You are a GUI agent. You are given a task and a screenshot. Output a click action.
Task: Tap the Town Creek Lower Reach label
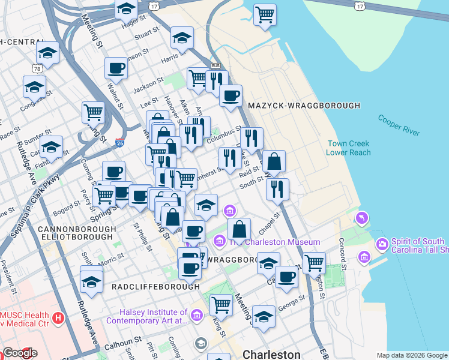coord(348,148)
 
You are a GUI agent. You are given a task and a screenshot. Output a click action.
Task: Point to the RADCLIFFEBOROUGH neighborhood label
coord(155,287)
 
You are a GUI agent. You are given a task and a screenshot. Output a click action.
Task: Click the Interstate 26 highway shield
coord(120,143)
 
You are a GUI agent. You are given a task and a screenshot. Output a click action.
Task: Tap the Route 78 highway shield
coord(38,53)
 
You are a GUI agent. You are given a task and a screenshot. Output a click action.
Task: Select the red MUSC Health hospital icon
coord(58,317)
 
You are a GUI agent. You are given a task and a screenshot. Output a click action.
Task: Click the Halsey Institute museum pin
coord(196,316)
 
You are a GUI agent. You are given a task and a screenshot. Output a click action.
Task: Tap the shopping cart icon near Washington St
coord(315,262)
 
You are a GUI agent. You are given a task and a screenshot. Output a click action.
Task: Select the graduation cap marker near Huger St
coord(126,9)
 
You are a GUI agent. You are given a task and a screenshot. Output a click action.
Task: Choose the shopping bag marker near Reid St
coord(274,161)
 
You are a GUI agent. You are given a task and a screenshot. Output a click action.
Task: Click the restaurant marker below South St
coord(277,189)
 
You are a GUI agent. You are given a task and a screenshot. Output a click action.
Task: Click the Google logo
coord(19,353)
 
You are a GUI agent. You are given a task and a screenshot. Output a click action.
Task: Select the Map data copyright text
coord(411,355)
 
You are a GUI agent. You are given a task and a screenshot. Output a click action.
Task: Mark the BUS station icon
coord(217,66)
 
